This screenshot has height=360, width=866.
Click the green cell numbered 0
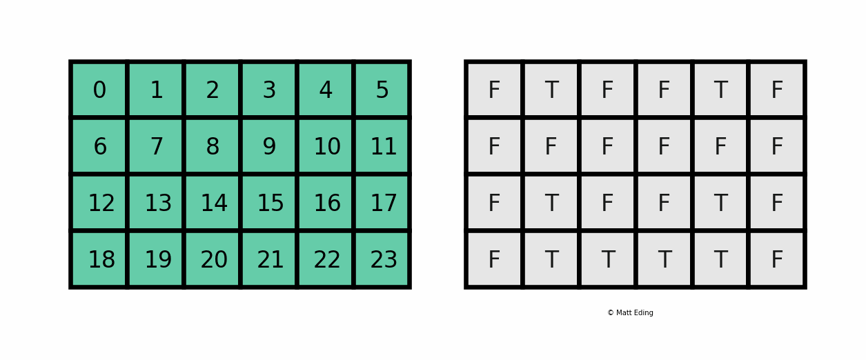[x=99, y=90]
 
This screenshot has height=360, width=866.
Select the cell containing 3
[x=269, y=90]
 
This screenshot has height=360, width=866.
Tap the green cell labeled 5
[x=382, y=90]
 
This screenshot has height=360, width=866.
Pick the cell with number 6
[x=99, y=147]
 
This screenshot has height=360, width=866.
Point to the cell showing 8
[x=213, y=147]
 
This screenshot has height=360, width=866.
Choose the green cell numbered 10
[x=326, y=147]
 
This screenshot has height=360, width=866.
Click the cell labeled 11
[x=382, y=147]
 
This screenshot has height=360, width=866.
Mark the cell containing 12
[x=99, y=203]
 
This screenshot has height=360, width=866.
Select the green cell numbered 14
[x=213, y=203]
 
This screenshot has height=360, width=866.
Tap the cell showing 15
[x=269, y=203]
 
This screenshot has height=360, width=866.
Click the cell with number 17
[x=382, y=203]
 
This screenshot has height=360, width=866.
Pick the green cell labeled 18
[x=99, y=260]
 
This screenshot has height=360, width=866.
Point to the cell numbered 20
[x=213, y=260]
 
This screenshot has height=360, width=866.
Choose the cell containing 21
[x=269, y=260]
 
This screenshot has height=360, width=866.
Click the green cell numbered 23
[x=382, y=260]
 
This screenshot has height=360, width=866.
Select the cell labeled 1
[x=156, y=90]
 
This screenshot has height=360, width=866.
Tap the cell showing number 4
[x=326, y=90]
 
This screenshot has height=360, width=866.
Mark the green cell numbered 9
[x=269, y=147]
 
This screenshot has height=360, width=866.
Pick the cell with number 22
[x=326, y=260]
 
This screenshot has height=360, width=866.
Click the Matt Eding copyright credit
[x=630, y=313]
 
